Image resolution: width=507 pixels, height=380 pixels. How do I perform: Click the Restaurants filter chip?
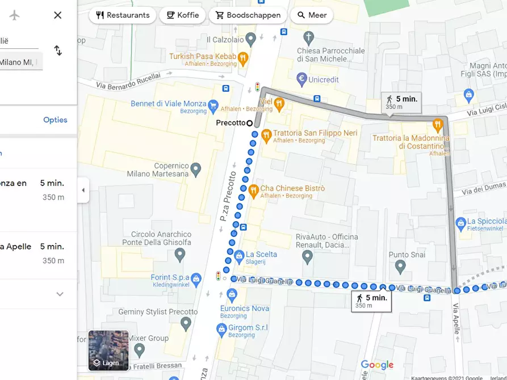(123, 15)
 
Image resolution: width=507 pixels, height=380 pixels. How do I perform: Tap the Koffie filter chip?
(182, 15)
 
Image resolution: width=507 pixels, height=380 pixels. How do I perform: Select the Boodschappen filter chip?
(248, 15)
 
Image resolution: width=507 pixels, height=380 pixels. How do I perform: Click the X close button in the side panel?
(57, 15)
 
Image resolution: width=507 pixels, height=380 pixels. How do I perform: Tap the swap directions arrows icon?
(58, 50)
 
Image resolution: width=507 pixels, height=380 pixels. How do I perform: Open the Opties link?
(55, 120)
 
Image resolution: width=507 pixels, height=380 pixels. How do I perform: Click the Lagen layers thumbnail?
(108, 350)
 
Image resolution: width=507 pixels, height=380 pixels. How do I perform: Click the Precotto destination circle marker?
(250, 123)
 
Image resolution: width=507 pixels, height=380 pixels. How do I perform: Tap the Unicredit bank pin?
(302, 78)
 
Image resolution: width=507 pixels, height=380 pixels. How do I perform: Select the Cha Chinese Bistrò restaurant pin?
(253, 190)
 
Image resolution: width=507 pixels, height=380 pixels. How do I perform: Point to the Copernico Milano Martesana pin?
(196, 169)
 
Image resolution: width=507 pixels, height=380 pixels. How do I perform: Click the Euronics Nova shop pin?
(231, 294)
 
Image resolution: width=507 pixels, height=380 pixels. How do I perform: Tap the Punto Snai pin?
(401, 267)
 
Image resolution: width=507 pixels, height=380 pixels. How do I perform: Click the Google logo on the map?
(377, 365)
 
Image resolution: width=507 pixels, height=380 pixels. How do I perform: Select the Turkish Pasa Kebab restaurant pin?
(243, 57)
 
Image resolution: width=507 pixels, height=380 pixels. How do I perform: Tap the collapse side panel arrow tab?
(83, 190)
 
